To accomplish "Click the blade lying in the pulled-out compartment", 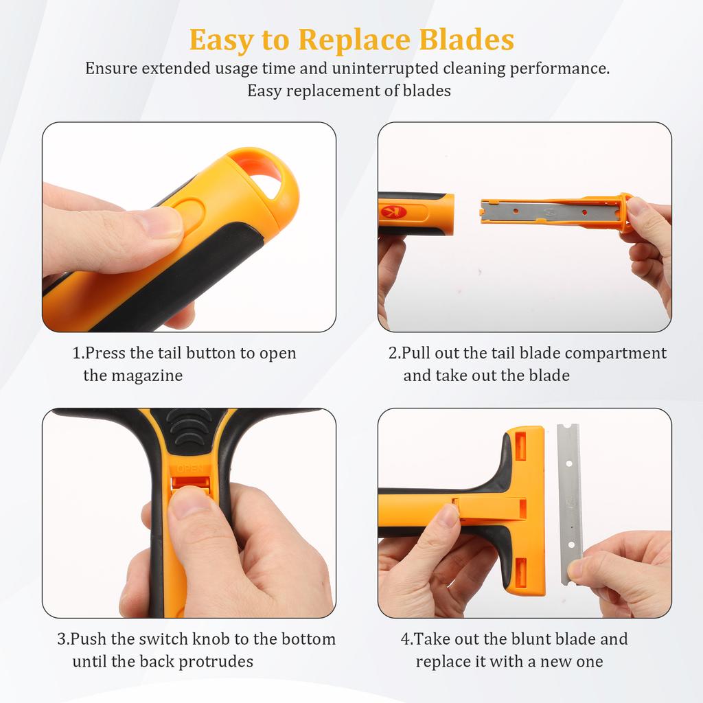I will (549, 211).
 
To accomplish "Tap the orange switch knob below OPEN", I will (189, 482).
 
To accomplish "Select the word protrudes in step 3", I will (216, 662).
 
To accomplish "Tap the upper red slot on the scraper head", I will (520, 446).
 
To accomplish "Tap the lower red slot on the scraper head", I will (520, 572).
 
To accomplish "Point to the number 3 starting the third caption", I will (61, 639).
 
